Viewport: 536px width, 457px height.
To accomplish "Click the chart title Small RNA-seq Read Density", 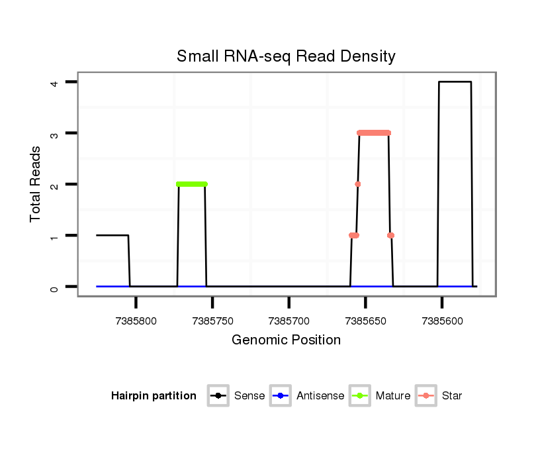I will click(x=286, y=56).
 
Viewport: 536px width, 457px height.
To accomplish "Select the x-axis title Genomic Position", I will click(x=286, y=340).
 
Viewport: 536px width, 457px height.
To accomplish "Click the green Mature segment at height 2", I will click(x=191, y=184).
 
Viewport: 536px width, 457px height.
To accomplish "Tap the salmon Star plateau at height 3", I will click(x=374, y=133).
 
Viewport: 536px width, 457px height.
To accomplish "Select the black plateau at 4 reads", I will click(x=455, y=82).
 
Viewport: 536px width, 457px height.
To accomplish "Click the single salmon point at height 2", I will click(x=357, y=184).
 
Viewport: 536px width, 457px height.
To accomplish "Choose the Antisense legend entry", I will click(x=307, y=396).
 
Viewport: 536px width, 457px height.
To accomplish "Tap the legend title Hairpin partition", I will click(x=154, y=396).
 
